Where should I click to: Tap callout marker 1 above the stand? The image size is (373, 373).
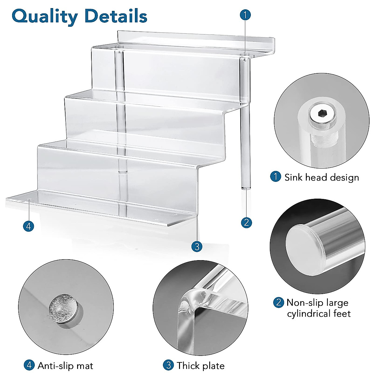click(x=246, y=15)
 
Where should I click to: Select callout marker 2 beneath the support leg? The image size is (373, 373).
click(x=246, y=222)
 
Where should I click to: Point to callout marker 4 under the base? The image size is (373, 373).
click(x=29, y=226)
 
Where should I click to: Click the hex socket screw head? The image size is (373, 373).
click(x=320, y=116)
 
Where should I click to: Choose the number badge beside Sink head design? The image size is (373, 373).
click(x=275, y=177)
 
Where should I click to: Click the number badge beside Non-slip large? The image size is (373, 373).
click(x=279, y=302)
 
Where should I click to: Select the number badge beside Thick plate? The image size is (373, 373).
click(x=168, y=365)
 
